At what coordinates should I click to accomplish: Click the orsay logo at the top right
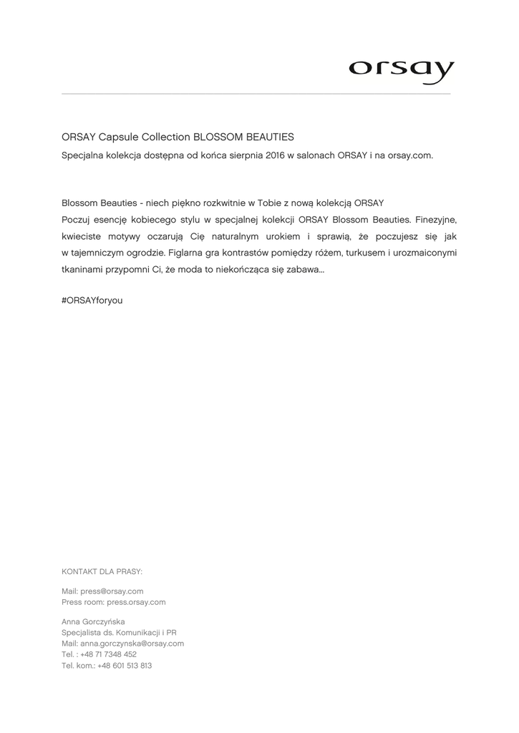402,71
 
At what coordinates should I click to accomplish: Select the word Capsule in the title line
118,137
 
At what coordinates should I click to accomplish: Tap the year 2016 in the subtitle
275,155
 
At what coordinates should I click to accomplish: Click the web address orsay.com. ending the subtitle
410,155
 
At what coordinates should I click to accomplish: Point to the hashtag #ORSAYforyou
92,301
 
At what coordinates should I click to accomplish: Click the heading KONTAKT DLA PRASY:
102,571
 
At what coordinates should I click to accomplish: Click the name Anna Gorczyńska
93,622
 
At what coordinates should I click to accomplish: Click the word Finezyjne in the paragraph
436,219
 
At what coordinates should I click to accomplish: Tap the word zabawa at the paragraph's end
306,270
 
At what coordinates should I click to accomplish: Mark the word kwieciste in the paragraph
84,236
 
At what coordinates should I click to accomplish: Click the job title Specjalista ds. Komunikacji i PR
119,633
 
